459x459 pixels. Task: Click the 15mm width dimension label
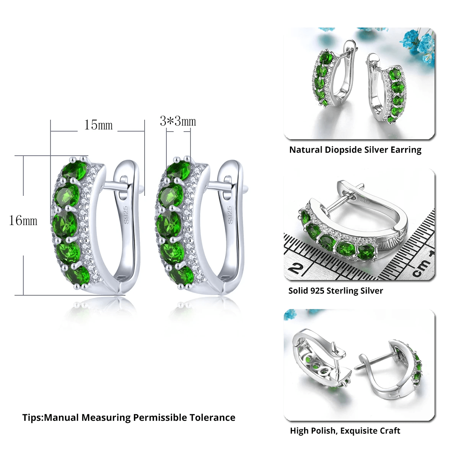(x=98, y=125)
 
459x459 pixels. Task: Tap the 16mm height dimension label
(x=23, y=221)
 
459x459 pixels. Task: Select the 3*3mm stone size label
(x=178, y=122)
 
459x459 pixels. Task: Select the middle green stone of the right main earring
(x=170, y=222)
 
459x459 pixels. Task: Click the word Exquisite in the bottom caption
(x=358, y=431)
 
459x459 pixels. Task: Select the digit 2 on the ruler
(x=295, y=268)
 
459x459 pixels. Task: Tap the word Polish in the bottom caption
(x=323, y=431)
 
